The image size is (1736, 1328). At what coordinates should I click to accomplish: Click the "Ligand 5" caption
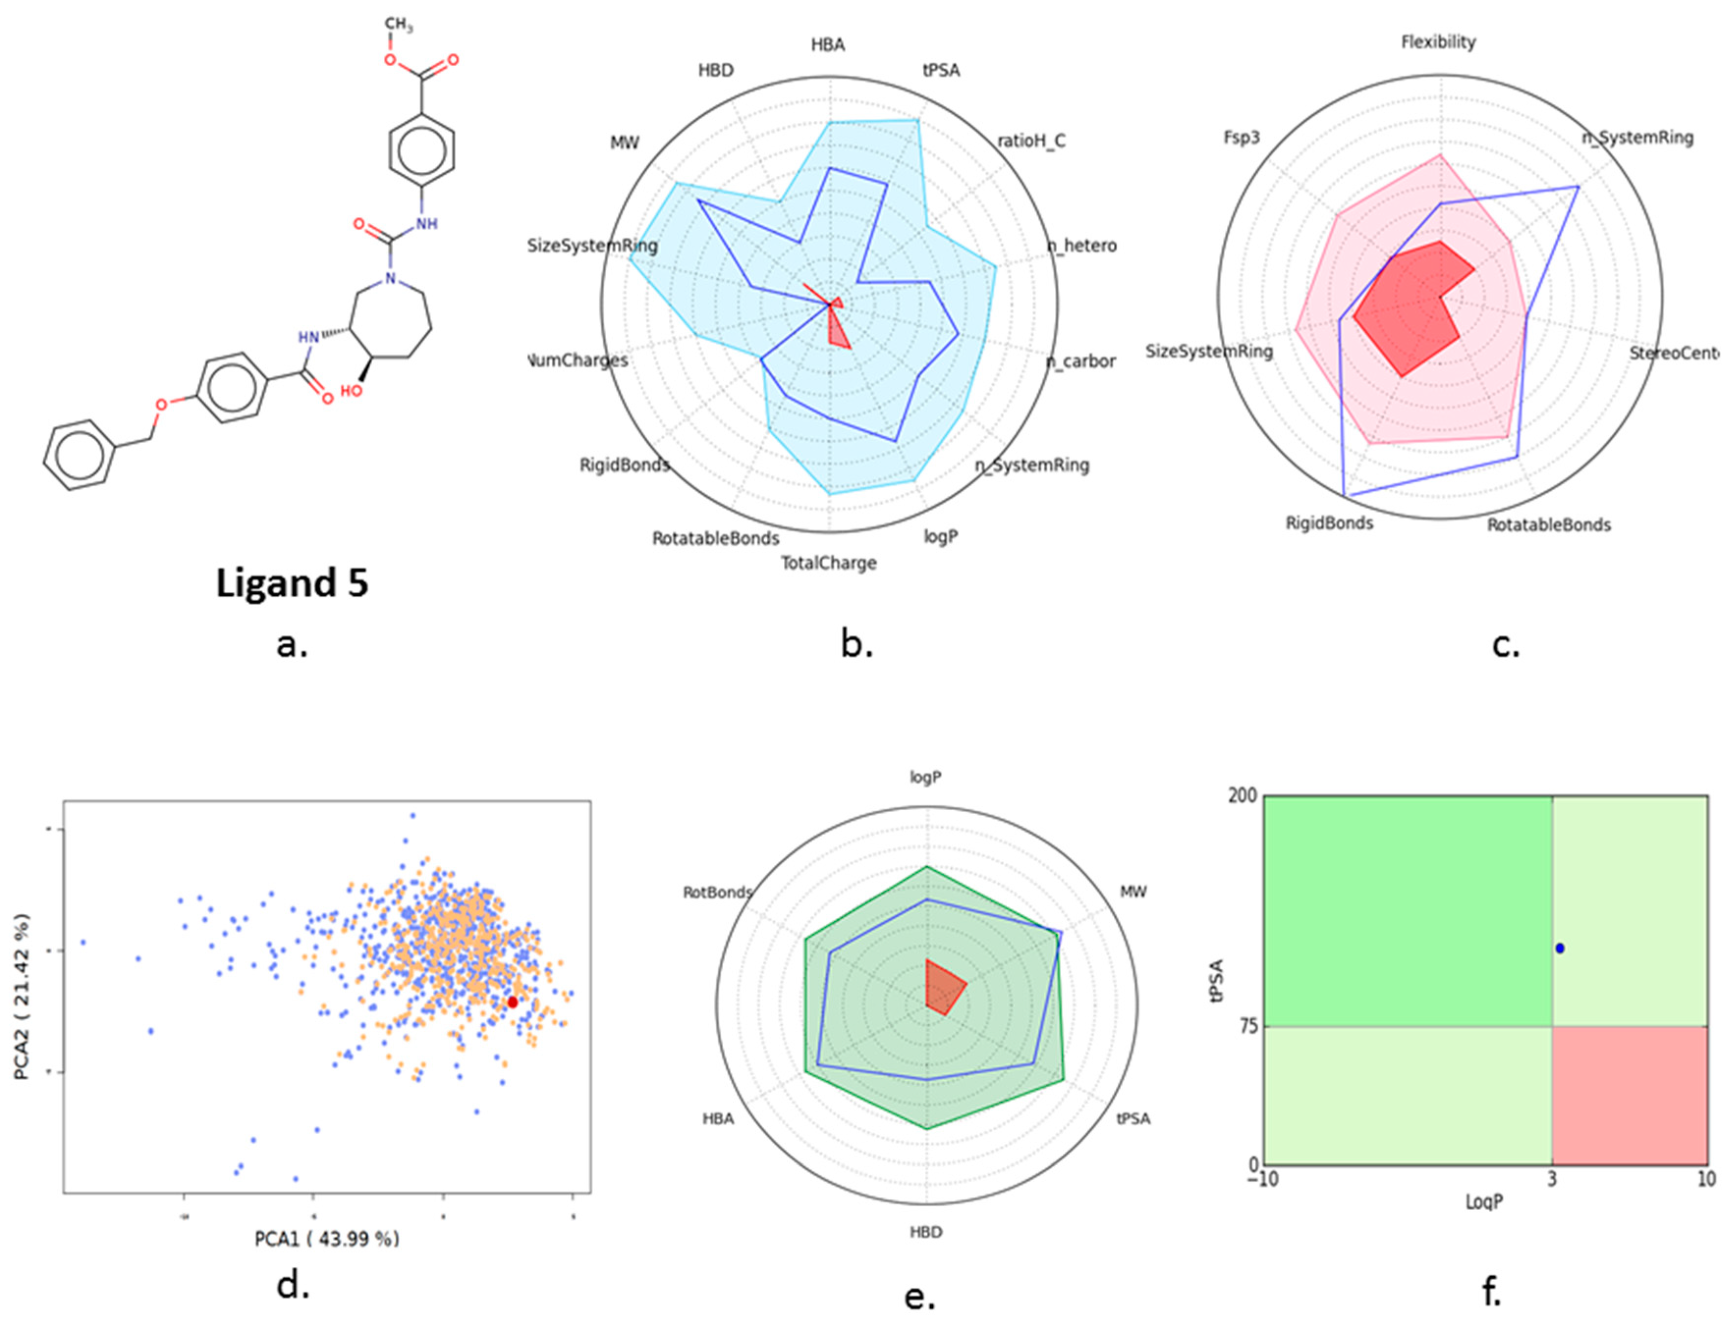(x=292, y=584)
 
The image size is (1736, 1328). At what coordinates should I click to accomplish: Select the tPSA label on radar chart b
(x=940, y=70)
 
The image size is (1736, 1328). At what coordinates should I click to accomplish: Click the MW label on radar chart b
(x=624, y=143)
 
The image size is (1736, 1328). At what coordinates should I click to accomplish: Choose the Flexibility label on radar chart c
(x=1438, y=42)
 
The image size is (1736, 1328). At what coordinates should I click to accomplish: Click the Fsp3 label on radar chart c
(x=1241, y=137)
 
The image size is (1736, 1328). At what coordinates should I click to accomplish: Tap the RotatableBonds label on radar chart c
(x=1548, y=525)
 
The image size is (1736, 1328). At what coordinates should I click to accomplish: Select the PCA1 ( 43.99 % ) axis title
(x=327, y=1239)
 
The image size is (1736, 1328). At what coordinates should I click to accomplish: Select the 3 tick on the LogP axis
(x=1552, y=1179)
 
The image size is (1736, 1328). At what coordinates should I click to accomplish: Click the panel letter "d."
(x=292, y=1286)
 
